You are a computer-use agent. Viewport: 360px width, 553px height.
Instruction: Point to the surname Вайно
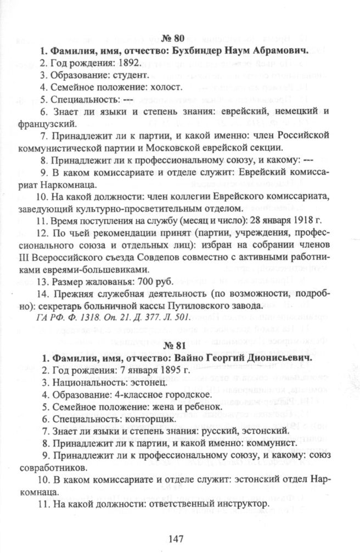pyautogui.click(x=196, y=358)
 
